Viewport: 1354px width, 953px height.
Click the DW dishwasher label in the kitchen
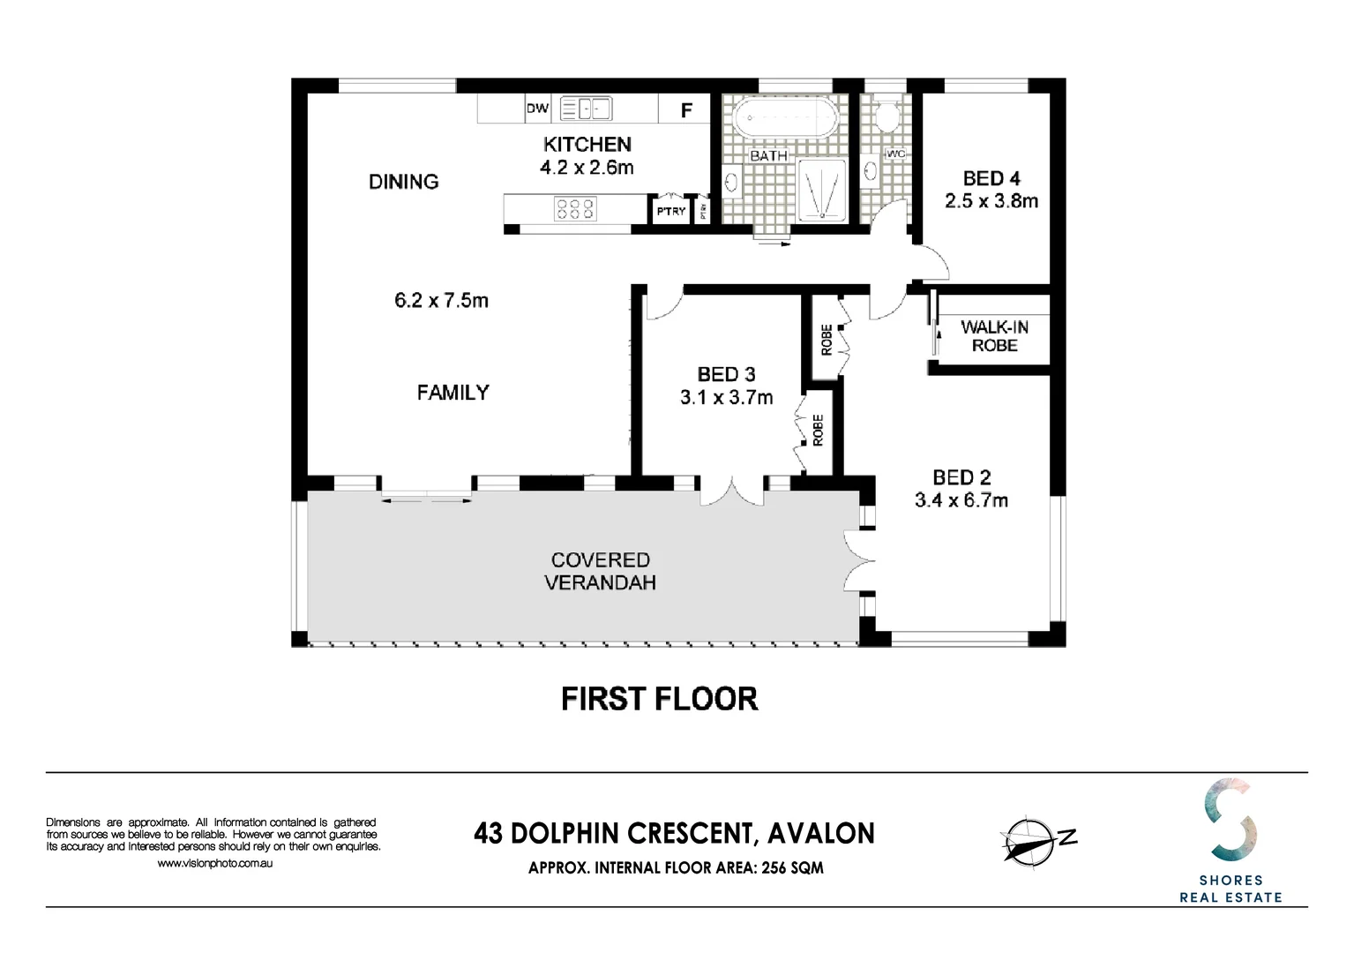click(x=537, y=109)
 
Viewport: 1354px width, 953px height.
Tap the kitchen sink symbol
click(x=586, y=109)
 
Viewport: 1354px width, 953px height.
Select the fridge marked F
click(x=686, y=110)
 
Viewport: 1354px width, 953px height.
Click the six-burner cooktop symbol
click(x=574, y=208)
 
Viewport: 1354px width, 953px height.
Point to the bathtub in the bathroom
click(x=782, y=117)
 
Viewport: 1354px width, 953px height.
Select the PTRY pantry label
click(x=670, y=211)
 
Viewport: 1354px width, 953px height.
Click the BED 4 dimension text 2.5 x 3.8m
click(x=991, y=201)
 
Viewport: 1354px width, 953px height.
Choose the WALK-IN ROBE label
click(x=994, y=336)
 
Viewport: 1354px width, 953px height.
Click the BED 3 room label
click(x=726, y=374)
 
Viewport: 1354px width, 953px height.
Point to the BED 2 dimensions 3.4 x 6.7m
click(x=961, y=500)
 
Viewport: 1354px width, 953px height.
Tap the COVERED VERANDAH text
click(x=600, y=571)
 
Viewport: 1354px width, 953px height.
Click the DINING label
click(x=403, y=182)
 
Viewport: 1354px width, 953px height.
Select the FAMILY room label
click(x=453, y=393)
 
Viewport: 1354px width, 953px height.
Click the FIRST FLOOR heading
click(x=659, y=699)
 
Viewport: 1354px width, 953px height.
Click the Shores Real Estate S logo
click(x=1231, y=819)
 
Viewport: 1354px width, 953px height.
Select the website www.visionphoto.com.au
click(x=214, y=863)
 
